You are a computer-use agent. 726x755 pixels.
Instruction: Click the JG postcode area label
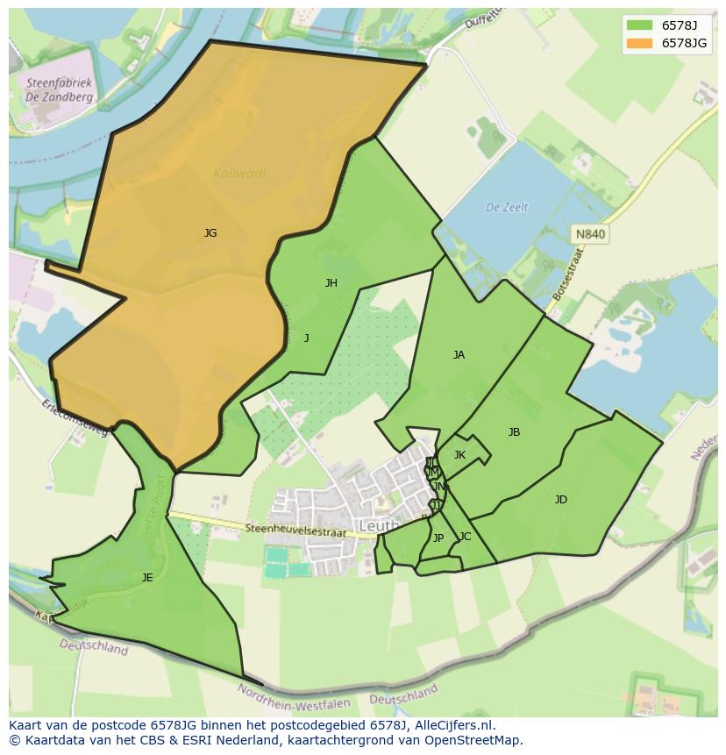click(x=210, y=233)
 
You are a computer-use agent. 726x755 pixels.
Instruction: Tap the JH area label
click(x=331, y=282)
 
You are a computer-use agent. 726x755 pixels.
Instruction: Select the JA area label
click(x=459, y=355)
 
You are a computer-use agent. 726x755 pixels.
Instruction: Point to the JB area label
click(x=514, y=432)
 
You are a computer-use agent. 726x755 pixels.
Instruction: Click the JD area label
click(x=560, y=500)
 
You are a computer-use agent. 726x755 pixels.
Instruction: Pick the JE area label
click(x=147, y=577)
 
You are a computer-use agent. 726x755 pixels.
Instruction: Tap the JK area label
click(x=459, y=455)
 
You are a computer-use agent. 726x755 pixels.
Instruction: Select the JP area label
click(x=438, y=538)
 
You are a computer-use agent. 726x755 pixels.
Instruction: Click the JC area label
click(x=465, y=537)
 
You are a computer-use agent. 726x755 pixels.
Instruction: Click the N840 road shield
click(x=590, y=234)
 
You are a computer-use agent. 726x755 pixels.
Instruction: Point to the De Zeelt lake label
click(x=507, y=208)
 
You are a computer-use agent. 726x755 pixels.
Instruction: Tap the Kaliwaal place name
click(x=238, y=174)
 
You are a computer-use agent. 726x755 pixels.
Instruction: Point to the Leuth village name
click(x=379, y=526)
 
